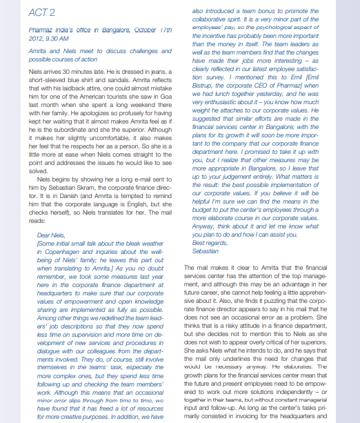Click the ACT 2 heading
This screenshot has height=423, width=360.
43,13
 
